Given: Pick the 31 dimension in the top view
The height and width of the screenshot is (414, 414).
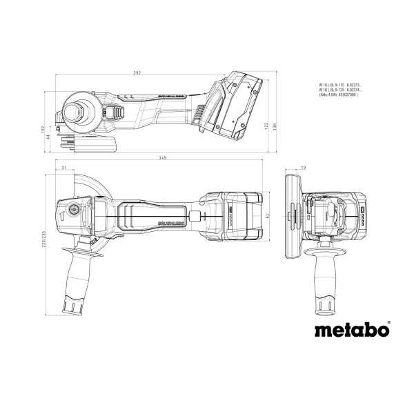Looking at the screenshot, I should tap(63, 168).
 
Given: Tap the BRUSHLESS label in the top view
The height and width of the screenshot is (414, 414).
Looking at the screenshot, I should tap(170, 224).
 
